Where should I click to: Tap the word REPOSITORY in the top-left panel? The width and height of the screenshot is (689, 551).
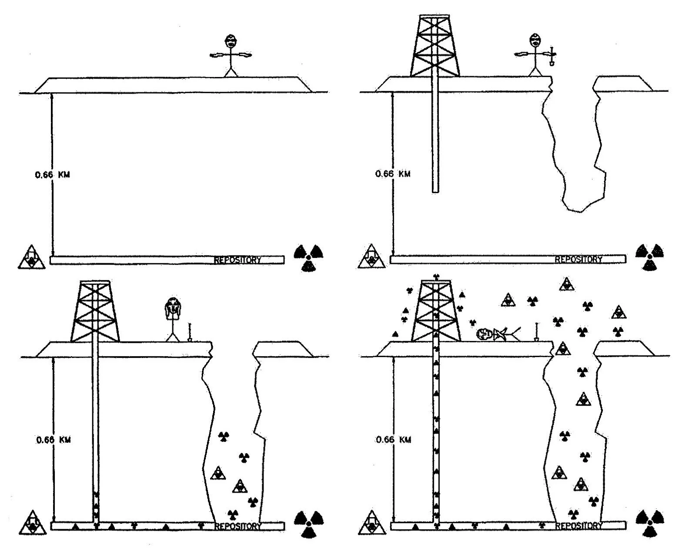[237, 260]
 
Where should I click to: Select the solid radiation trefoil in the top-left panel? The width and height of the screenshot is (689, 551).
[308, 257]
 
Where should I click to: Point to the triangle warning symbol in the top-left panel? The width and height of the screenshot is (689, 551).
[31, 257]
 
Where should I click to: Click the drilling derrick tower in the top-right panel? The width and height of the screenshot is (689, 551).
[434, 46]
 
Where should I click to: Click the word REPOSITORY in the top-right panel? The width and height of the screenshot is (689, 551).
[579, 260]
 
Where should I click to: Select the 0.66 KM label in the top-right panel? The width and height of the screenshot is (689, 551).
[393, 174]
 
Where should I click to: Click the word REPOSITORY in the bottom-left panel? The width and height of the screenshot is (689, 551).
[238, 527]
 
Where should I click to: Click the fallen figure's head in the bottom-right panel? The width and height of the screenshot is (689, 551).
[484, 334]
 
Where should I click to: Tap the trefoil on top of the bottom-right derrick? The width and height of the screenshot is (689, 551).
[436, 277]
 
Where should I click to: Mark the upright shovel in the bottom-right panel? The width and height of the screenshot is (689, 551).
[536, 332]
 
